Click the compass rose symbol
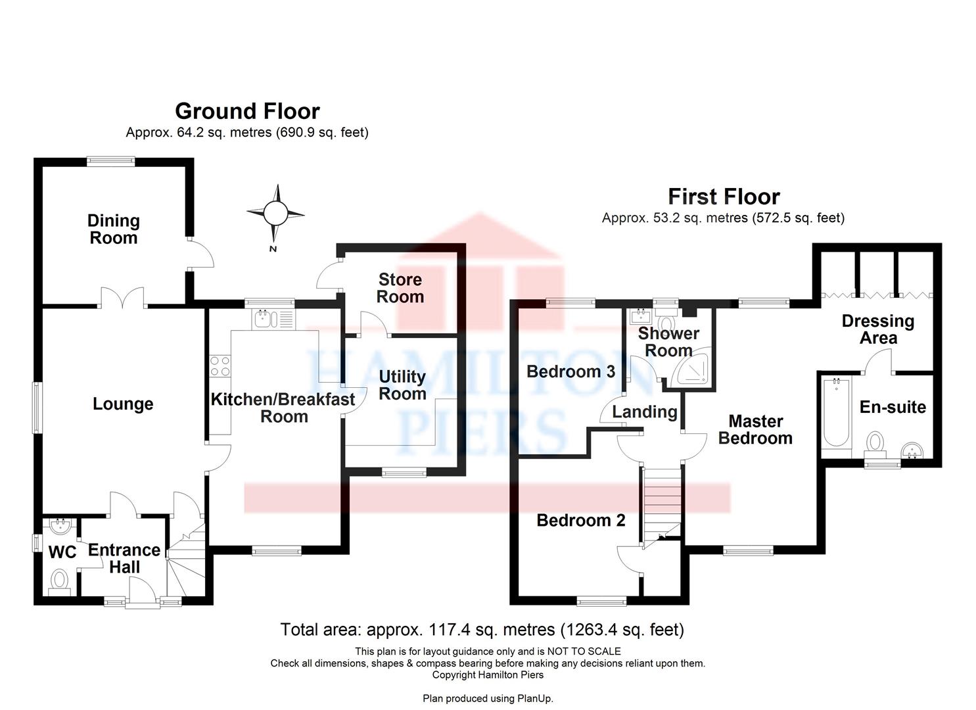point(275,213)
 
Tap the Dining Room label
point(114,229)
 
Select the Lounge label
point(123,404)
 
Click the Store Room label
point(400,288)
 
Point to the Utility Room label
point(402,385)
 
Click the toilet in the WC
point(60,580)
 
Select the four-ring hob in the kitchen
point(220,366)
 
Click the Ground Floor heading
point(247,110)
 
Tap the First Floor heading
point(724,196)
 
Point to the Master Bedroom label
point(755,429)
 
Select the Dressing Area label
point(878,329)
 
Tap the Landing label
point(644,412)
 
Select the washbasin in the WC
point(60,526)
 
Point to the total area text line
point(482,630)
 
